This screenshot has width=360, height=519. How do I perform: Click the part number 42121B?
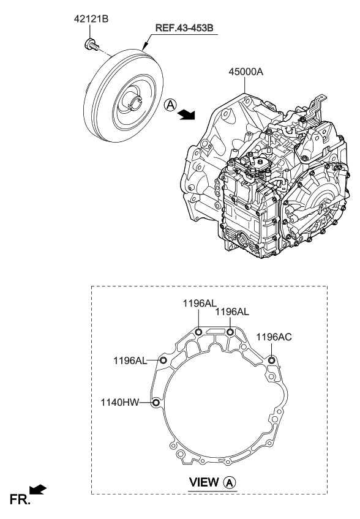tap(91, 19)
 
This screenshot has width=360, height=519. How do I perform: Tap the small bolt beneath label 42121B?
tap(92, 45)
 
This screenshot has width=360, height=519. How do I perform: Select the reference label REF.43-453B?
tap(185, 28)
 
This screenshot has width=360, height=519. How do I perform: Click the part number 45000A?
tap(246, 72)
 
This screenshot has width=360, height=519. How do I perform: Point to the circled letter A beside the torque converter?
tap(170, 105)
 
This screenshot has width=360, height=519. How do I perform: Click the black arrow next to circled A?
tap(186, 114)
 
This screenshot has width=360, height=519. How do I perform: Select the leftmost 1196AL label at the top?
tap(200, 303)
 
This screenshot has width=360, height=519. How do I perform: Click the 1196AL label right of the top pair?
tap(232, 312)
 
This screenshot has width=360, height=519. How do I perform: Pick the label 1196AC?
tap(274, 337)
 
